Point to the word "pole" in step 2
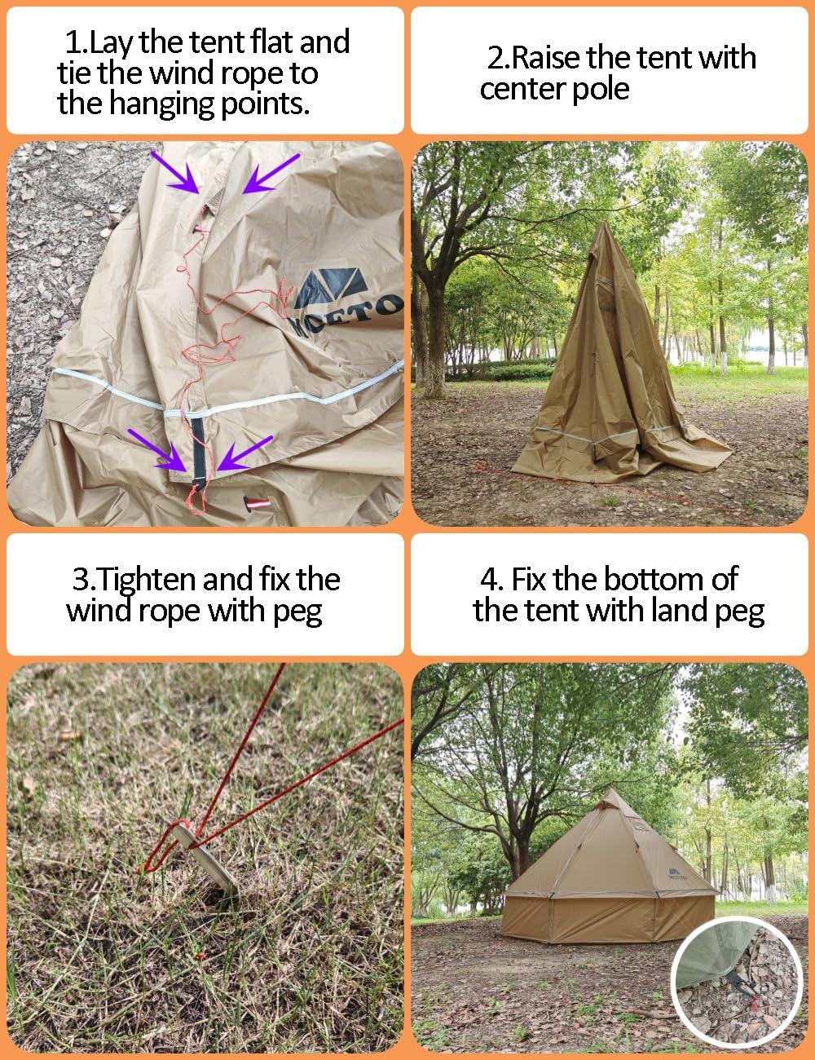[599, 88]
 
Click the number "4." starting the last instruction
[491, 580]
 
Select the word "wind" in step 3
[99, 611]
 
